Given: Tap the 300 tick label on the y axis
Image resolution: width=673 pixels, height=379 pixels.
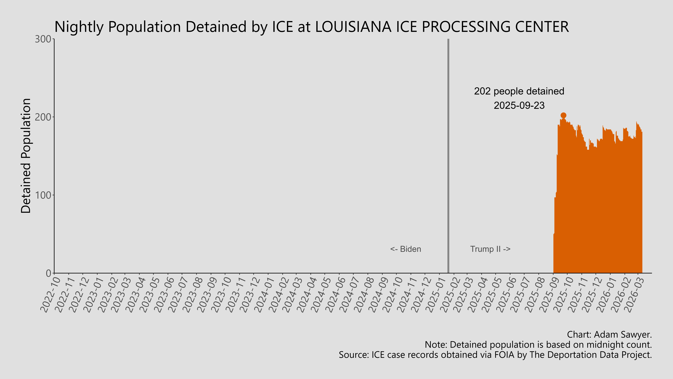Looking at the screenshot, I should [43, 39].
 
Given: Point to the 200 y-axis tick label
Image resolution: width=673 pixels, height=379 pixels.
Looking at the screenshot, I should [43, 117].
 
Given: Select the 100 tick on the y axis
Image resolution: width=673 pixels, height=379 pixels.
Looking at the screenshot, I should [43, 195].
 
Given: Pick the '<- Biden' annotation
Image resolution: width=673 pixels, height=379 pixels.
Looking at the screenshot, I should [405, 249].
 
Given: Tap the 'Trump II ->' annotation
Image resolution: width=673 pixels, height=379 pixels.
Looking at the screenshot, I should [490, 249].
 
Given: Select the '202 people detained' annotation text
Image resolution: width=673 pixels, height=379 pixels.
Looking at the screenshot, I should [519, 91].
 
